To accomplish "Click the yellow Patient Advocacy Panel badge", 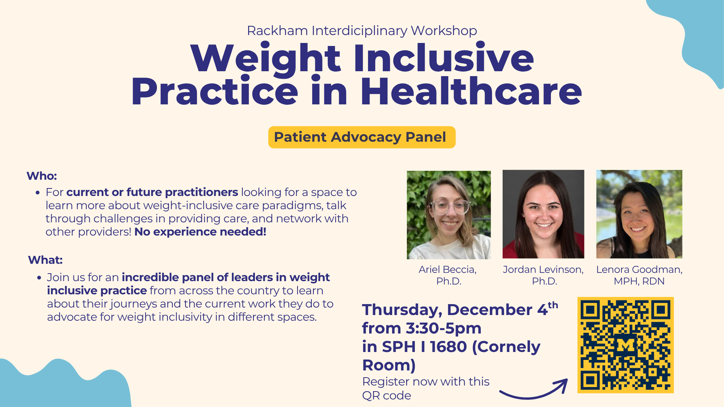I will point(362,137).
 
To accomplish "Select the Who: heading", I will point(41,176).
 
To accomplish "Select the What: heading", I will point(45,260).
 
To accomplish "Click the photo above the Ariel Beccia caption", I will point(449,215).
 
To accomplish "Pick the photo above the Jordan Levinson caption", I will point(543,214).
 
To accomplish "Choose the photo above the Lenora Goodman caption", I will point(639,214).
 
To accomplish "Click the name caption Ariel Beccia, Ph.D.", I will point(448,275).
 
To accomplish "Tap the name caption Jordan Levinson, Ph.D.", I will point(543,275).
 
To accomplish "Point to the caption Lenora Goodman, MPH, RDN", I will point(639,275).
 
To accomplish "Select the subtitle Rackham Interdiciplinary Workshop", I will point(362,31).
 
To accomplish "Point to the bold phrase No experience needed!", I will point(200,232).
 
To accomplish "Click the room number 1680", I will point(448,347).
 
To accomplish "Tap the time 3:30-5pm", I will point(443,328).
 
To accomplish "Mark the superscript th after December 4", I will point(553,305).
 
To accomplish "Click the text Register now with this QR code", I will point(425,388).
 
